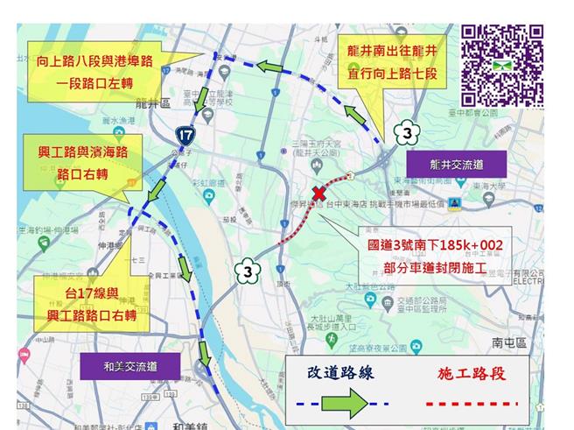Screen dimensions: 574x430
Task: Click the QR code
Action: pos(502,65)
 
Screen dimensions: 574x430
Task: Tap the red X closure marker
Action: pos(320,194)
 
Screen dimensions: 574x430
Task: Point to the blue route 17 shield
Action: pos(185,135)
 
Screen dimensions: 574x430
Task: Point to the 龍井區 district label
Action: pos(148,102)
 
